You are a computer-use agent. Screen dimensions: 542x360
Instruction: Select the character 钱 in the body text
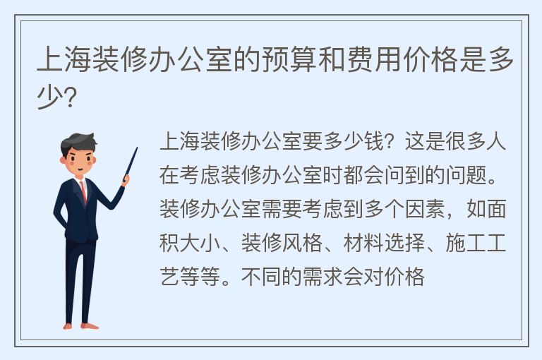374,141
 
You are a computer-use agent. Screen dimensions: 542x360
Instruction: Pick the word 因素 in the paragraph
424,209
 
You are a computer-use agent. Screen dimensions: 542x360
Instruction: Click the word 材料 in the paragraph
363,243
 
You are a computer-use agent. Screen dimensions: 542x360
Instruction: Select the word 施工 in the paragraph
465,243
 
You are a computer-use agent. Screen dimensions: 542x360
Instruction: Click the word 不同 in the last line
261,277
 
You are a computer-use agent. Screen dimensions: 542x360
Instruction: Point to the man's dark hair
78,142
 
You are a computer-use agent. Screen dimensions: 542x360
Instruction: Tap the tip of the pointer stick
137,148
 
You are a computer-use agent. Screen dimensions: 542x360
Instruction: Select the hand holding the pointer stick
126,179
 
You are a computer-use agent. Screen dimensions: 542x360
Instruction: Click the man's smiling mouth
80,169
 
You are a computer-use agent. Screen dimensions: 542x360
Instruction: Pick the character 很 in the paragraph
455,141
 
